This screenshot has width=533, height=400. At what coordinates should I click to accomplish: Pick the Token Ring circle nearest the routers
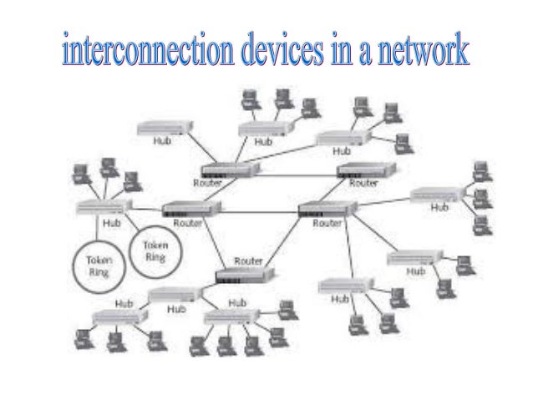[156, 247]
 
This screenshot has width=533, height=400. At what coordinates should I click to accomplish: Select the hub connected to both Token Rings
[102, 207]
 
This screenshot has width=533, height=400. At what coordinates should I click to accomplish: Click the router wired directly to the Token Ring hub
[191, 210]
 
